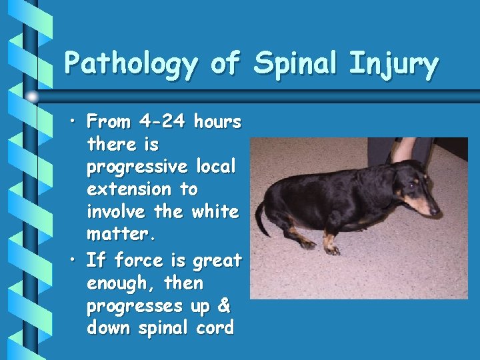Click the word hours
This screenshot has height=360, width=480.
(217, 121)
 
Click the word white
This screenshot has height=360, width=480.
(215, 212)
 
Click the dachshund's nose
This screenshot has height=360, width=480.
(436, 212)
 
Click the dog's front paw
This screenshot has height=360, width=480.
(331, 251)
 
